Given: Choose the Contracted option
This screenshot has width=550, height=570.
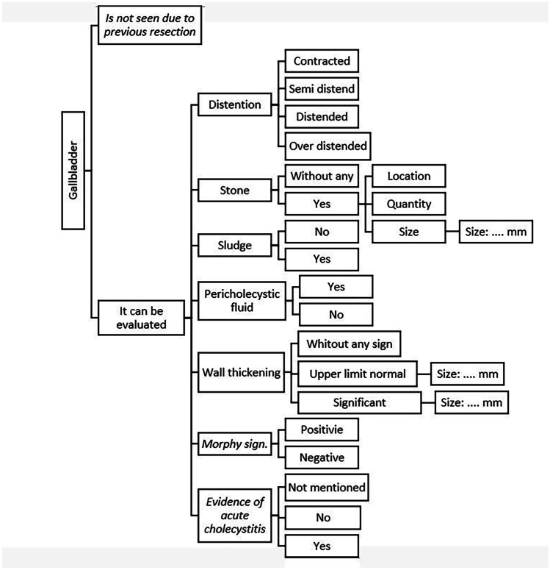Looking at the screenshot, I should click(321, 61).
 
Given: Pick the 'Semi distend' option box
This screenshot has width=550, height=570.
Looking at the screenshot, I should click(321, 89).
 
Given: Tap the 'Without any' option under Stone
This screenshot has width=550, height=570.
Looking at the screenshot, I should click(321, 177).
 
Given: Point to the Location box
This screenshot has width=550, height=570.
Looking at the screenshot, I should click(408, 177).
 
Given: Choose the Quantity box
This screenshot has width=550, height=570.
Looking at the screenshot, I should click(408, 204).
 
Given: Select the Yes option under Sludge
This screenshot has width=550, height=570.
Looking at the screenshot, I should click(321, 259).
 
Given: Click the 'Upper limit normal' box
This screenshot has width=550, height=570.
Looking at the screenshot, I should click(356, 374).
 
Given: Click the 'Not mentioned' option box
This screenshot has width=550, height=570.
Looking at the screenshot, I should click(327, 488).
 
